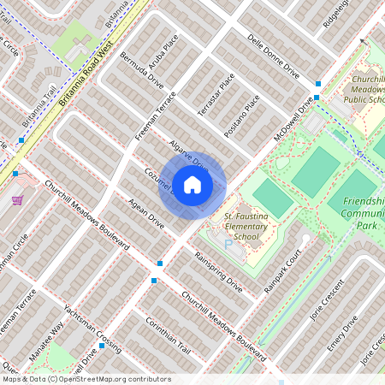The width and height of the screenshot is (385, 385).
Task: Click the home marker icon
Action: click(192, 185)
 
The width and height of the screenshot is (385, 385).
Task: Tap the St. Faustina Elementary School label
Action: click(246, 227)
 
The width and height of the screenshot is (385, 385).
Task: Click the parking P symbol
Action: click(228, 245)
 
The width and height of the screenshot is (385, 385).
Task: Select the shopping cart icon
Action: click(17, 200)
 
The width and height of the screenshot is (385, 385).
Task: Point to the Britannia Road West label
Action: click(87, 74)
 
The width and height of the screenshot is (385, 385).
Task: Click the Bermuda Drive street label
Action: click(141, 74)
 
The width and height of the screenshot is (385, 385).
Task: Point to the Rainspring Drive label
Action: click(218, 272)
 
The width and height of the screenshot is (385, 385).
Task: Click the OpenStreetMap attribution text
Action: click(86, 378)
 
